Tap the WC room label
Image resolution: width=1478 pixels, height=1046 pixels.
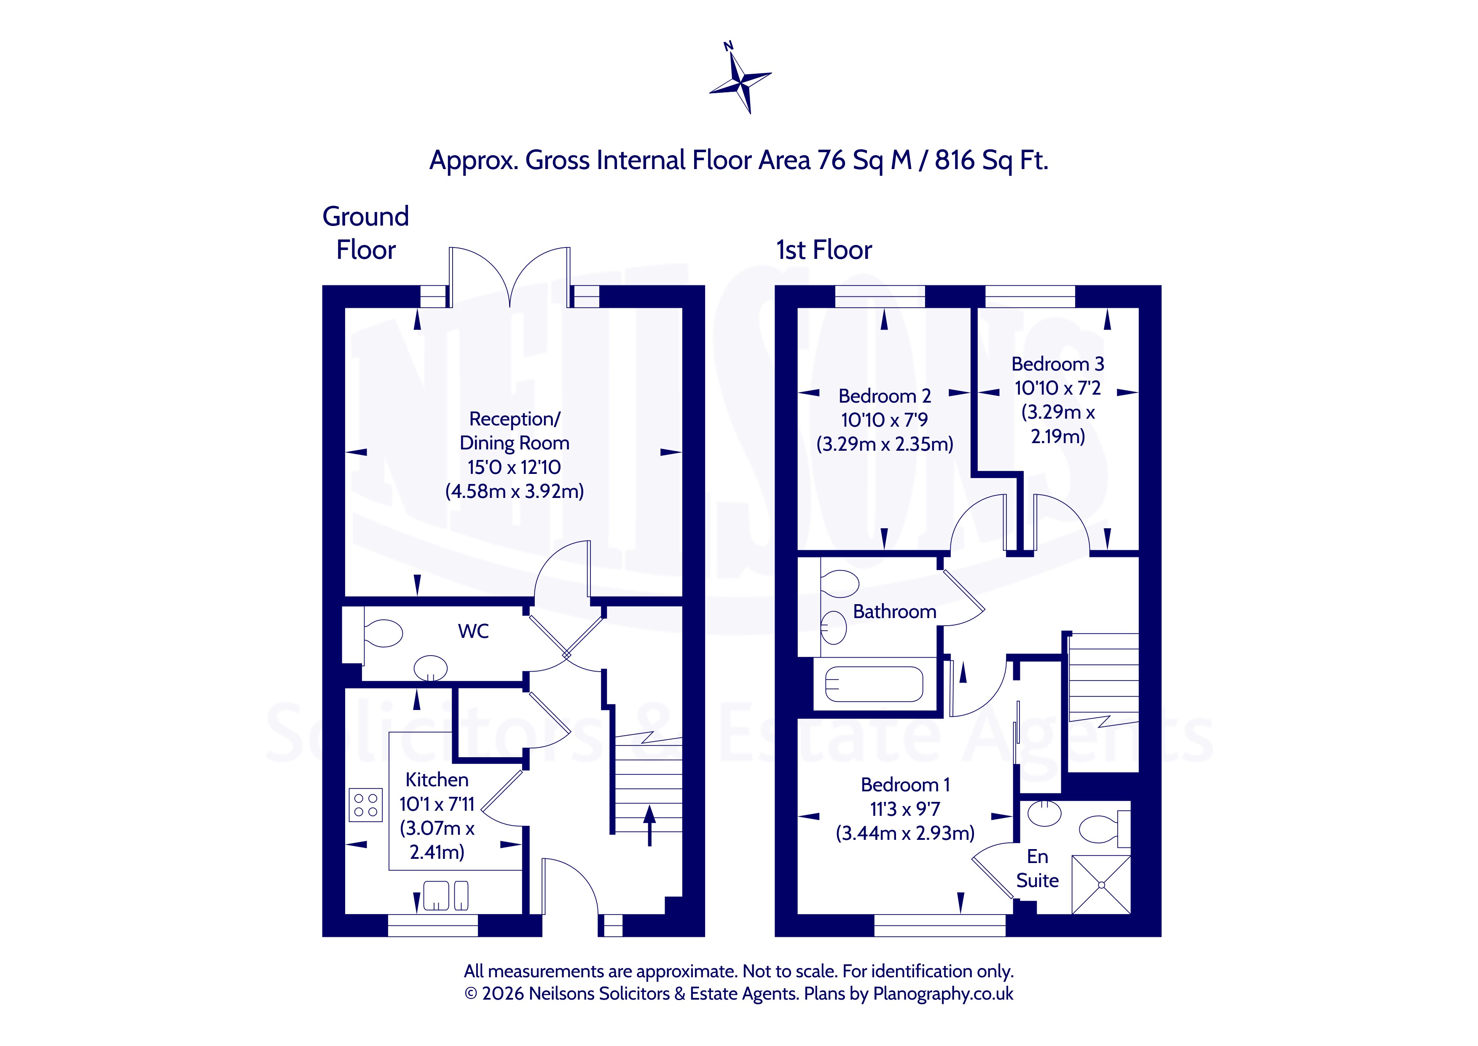[473, 631]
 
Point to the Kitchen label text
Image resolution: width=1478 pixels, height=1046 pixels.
[437, 780]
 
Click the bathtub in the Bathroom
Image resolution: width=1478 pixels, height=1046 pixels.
[874, 683]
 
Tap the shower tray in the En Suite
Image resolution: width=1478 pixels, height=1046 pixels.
[1101, 885]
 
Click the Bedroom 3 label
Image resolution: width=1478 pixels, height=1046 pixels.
[1058, 364]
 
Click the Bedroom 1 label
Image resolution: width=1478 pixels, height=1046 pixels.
[905, 785]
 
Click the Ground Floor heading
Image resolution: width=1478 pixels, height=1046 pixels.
[366, 233]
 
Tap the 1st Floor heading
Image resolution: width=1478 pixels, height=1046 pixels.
[824, 250]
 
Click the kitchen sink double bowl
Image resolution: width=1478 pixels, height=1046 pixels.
[445, 895]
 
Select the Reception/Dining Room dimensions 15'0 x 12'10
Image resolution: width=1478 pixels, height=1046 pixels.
[514, 467]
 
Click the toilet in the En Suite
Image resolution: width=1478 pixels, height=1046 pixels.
[1104, 830]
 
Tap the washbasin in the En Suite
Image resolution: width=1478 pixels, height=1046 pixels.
[1044, 813]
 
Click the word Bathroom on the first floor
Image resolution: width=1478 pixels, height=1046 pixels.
[895, 611]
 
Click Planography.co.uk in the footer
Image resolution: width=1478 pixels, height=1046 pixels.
[943, 994]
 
